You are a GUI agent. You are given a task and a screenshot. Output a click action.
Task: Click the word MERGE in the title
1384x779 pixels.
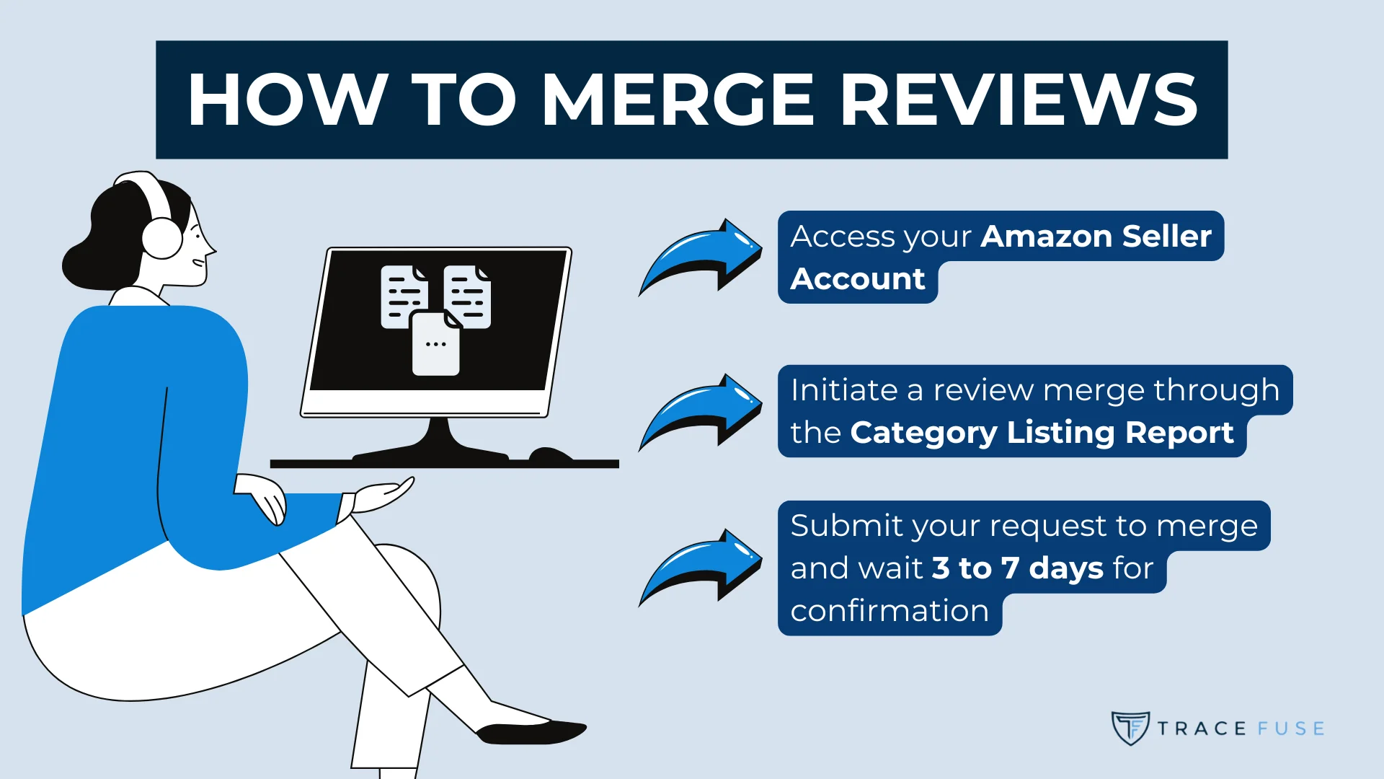click(678, 100)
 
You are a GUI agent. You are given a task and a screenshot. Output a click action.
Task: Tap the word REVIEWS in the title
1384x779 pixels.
click(1019, 100)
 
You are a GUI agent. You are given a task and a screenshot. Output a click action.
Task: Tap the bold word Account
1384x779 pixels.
click(857, 279)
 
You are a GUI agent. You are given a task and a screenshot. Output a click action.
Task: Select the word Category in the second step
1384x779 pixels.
click(923, 433)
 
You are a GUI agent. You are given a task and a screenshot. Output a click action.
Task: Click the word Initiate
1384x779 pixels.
click(843, 390)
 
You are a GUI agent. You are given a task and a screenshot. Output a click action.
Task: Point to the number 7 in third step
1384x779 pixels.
click(1010, 568)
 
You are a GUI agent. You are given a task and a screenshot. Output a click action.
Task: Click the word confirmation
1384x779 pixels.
click(890, 611)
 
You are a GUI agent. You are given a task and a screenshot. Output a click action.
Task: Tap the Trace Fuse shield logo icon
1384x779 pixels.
click(1130, 728)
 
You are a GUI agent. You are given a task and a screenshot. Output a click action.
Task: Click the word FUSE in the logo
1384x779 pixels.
click(1291, 729)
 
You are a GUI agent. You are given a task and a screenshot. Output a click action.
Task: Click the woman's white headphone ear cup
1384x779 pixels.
click(162, 238)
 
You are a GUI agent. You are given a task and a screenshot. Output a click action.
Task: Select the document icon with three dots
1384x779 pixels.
click(435, 344)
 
